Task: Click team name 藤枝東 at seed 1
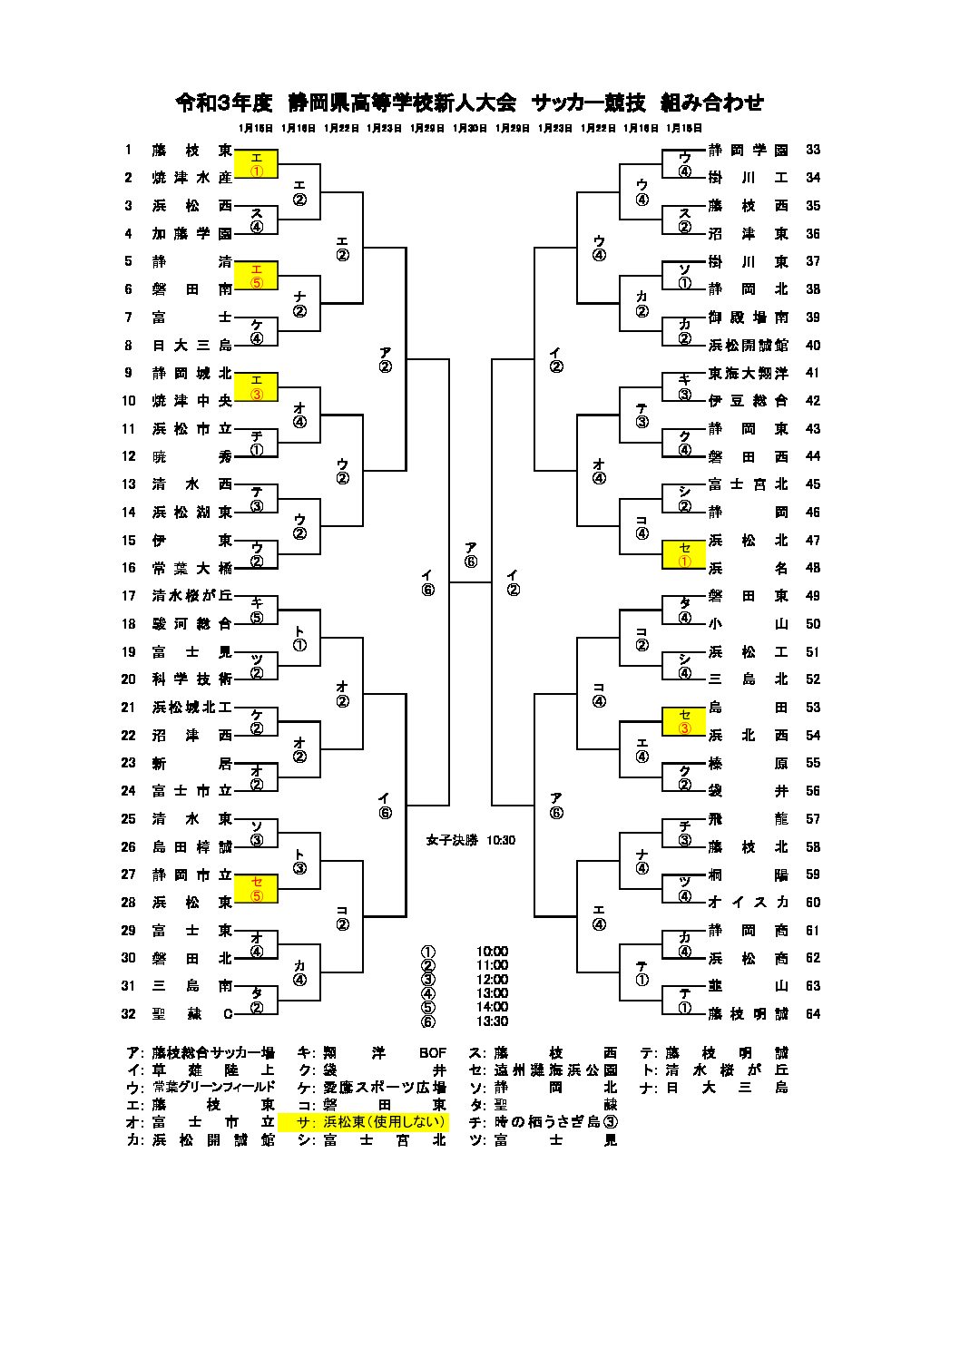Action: pyautogui.click(x=191, y=151)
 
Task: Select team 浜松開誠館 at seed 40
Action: pyautogui.click(x=748, y=345)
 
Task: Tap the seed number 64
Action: pyautogui.click(x=812, y=1013)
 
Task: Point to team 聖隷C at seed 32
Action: pyautogui.click(x=191, y=1013)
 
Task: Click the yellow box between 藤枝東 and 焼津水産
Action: pyautogui.click(x=256, y=164)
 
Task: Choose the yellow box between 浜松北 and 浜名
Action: pyautogui.click(x=684, y=554)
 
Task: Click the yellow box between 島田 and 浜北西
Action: pyautogui.click(x=684, y=721)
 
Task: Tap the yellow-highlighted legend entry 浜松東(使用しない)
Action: pyautogui.click(x=363, y=1121)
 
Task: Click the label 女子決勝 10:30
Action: pyautogui.click(x=470, y=840)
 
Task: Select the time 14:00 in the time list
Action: pyautogui.click(x=492, y=1007)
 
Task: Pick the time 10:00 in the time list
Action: pyautogui.click(x=492, y=952)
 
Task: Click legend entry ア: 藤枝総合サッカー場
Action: pyautogui.click(x=201, y=1053)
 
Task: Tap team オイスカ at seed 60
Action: pyautogui.click(x=748, y=902)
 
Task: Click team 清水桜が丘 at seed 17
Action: pyautogui.click(x=191, y=596)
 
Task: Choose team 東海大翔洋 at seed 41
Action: pyautogui.click(x=748, y=373)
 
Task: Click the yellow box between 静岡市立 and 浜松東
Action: pyautogui.click(x=256, y=888)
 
